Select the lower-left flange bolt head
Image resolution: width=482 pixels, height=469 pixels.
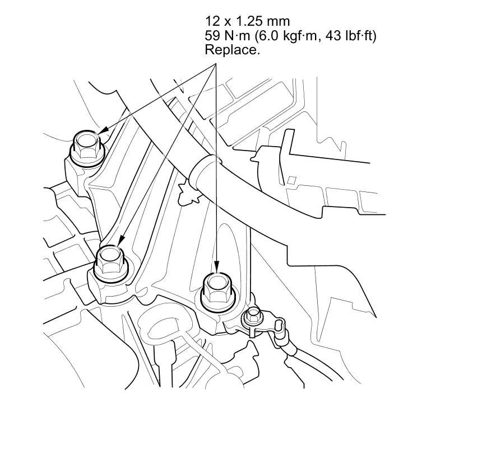pos(110,265)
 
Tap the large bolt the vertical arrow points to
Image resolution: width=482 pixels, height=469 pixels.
pos(218,292)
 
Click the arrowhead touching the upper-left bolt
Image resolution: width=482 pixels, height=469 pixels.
pos(103,130)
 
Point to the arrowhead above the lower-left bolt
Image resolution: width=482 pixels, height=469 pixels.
pos(121,240)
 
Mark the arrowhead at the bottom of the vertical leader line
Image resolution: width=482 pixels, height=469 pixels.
pos(217,266)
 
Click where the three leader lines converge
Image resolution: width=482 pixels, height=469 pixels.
pos(216,64)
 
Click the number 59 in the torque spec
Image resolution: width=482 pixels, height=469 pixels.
pos(212,36)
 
